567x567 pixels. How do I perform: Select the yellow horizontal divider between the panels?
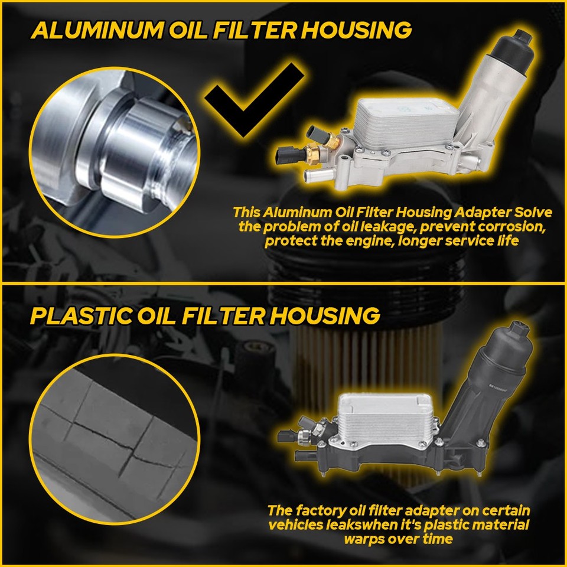click(283, 283)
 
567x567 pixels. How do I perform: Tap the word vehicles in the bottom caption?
click(297, 524)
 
